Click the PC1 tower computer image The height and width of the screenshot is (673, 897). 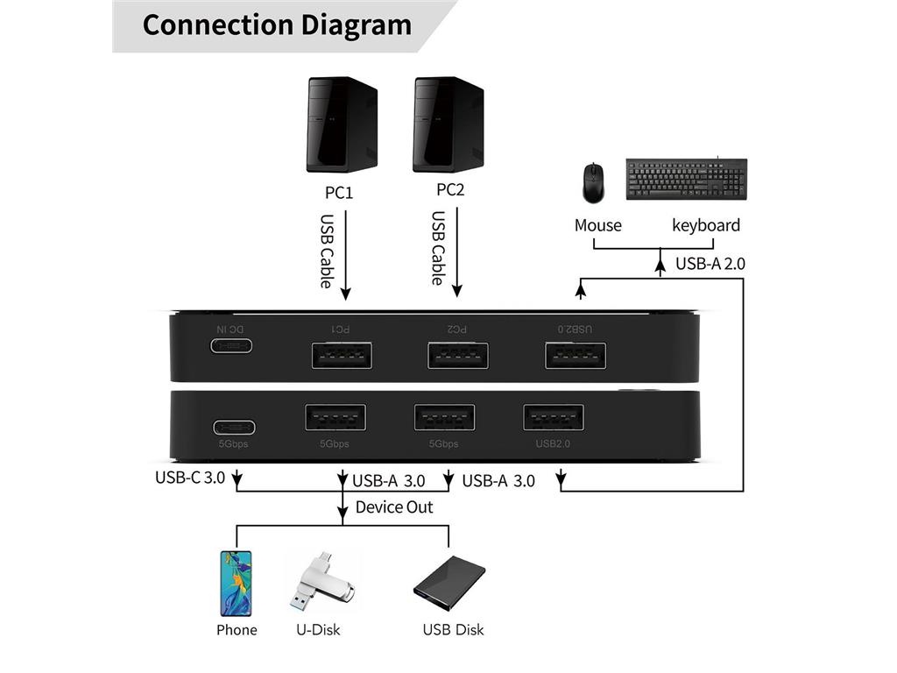pos(342,124)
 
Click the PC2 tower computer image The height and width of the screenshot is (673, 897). pos(448,124)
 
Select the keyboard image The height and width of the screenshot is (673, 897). pos(686,178)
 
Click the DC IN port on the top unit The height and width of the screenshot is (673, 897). pos(232,345)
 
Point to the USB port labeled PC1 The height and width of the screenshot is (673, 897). pos(342,355)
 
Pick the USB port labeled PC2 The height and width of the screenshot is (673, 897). pos(457,355)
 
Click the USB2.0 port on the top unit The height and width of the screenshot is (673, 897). pos(575,355)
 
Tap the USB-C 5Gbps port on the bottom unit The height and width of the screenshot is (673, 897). pos(234,428)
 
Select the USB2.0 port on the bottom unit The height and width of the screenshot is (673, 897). pos(554,417)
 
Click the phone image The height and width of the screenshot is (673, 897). pos(235,583)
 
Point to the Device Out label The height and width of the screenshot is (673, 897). pos(394,507)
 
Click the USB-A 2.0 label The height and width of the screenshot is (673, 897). pos(710,263)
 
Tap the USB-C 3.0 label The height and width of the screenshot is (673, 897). pos(190,478)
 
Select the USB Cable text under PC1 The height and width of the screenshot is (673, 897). pos(327,251)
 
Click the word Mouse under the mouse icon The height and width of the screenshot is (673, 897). pos(597,225)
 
